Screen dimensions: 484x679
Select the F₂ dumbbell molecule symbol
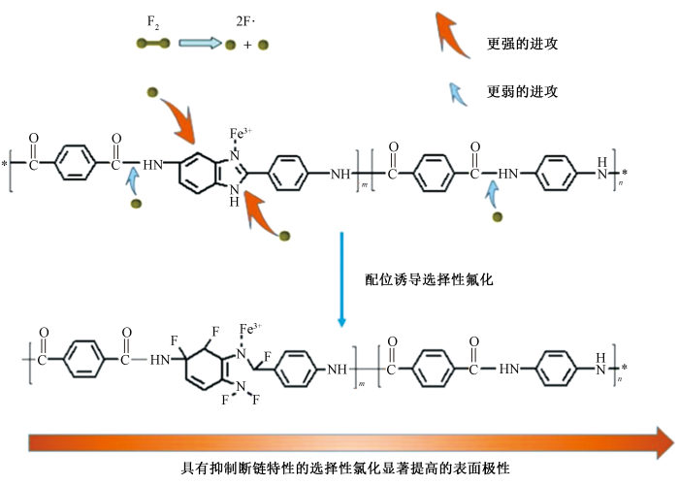click(153, 44)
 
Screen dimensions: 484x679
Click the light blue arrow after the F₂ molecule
click(199, 44)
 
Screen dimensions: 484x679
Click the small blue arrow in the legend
click(455, 91)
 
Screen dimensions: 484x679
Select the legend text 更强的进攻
click(522, 45)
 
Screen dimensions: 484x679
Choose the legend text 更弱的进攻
click(522, 92)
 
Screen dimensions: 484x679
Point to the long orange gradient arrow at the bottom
click(349, 441)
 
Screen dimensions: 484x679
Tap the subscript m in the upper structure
click(364, 183)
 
